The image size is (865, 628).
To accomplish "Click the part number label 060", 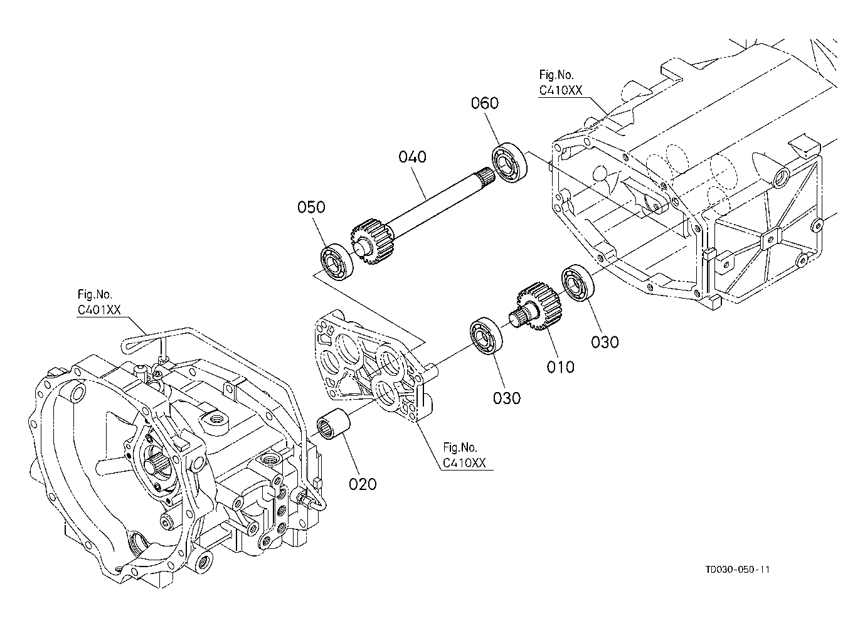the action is [485, 103].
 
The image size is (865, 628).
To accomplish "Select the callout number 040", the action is [412, 157].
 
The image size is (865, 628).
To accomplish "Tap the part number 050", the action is [311, 207].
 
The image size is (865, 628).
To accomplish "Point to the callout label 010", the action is [560, 366].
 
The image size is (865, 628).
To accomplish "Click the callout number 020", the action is [363, 484].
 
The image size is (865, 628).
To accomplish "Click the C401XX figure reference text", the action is [99, 310].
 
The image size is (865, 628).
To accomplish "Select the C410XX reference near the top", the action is [561, 90].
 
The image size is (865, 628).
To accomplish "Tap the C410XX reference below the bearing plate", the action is [464, 463].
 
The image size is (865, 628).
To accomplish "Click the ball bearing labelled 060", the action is [510, 162].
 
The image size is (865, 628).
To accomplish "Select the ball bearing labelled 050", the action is [337, 262].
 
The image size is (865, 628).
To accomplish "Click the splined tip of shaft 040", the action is [485, 176].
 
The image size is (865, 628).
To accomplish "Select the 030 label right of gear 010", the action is [605, 342].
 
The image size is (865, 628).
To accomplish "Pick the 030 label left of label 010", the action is [507, 398].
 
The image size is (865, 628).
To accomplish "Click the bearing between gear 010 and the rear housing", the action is [578, 284].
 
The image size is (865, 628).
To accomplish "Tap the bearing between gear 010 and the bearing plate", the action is [486, 336].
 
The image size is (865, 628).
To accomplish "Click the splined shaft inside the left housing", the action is [154, 464].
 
